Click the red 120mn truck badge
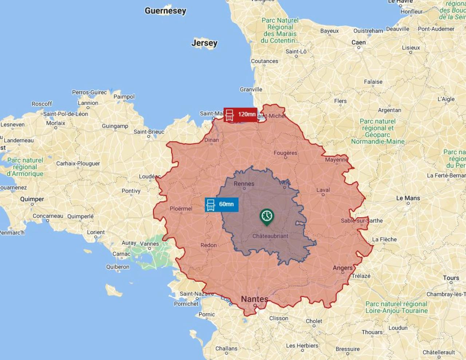pos(240,115)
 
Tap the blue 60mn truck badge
pos(221,205)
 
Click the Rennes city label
pos(244,184)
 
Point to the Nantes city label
pos(254,299)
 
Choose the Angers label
pos(343,268)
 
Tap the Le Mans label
pos(408,198)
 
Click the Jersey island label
pos(204,43)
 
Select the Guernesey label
pos(165,11)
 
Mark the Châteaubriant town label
pos(270,236)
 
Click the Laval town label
pos(323,190)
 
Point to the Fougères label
pos(285,153)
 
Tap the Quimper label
pos(32,199)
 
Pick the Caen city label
pos(358,43)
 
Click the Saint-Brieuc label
pos(149,132)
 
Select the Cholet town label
pos(314,321)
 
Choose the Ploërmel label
pos(181,209)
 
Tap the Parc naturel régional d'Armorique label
pos(25,167)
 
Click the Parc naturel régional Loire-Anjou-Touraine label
pos(396,307)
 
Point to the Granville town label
pos(251,90)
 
